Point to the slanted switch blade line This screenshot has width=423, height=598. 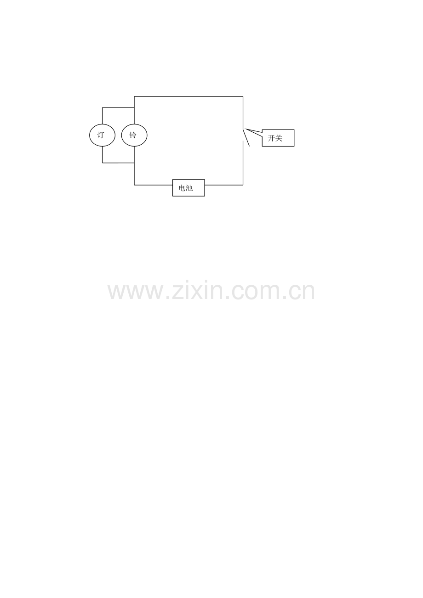(x=246, y=137)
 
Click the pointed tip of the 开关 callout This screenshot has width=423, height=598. (x=246, y=129)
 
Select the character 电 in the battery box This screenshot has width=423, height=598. (x=182, y=188)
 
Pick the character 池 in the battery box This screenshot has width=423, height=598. (x=189, y=188)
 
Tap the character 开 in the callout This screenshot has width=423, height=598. (x=271, y=138)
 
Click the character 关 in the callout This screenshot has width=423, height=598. (x=279, y=138)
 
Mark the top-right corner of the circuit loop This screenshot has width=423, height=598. (x=243, y=96)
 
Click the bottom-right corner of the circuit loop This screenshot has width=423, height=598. (x=243, y=185)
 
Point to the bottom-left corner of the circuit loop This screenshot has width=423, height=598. (x=134, y=185)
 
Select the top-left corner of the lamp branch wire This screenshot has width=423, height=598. (x=103, y=107)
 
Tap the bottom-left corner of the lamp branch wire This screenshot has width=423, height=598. (x=103, y=163)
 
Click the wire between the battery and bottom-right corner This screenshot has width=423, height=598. (x=224, y=185)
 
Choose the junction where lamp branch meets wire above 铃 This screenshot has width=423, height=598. (x=134, y=107)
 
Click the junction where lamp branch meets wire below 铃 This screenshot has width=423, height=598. (x=134, y=163)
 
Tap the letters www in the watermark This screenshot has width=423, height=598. (x=136, y=292)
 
